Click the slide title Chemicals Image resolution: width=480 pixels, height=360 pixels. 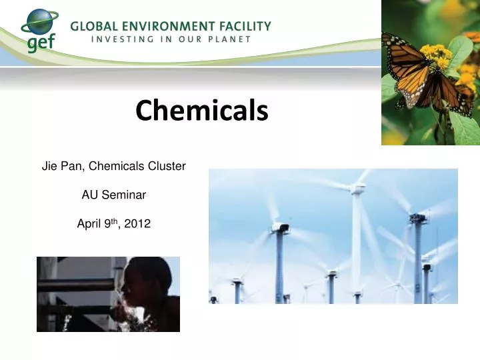point(201,111)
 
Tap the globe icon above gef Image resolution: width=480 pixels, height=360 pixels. point(39,21)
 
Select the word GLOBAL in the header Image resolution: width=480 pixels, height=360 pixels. point(93,27)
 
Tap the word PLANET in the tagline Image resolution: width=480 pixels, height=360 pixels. point(229,39)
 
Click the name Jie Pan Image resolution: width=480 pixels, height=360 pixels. point(61,166)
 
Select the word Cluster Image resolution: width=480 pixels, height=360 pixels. point(169,166)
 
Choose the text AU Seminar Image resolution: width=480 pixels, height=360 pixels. point(113,195)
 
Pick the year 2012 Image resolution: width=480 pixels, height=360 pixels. point(137,225)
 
